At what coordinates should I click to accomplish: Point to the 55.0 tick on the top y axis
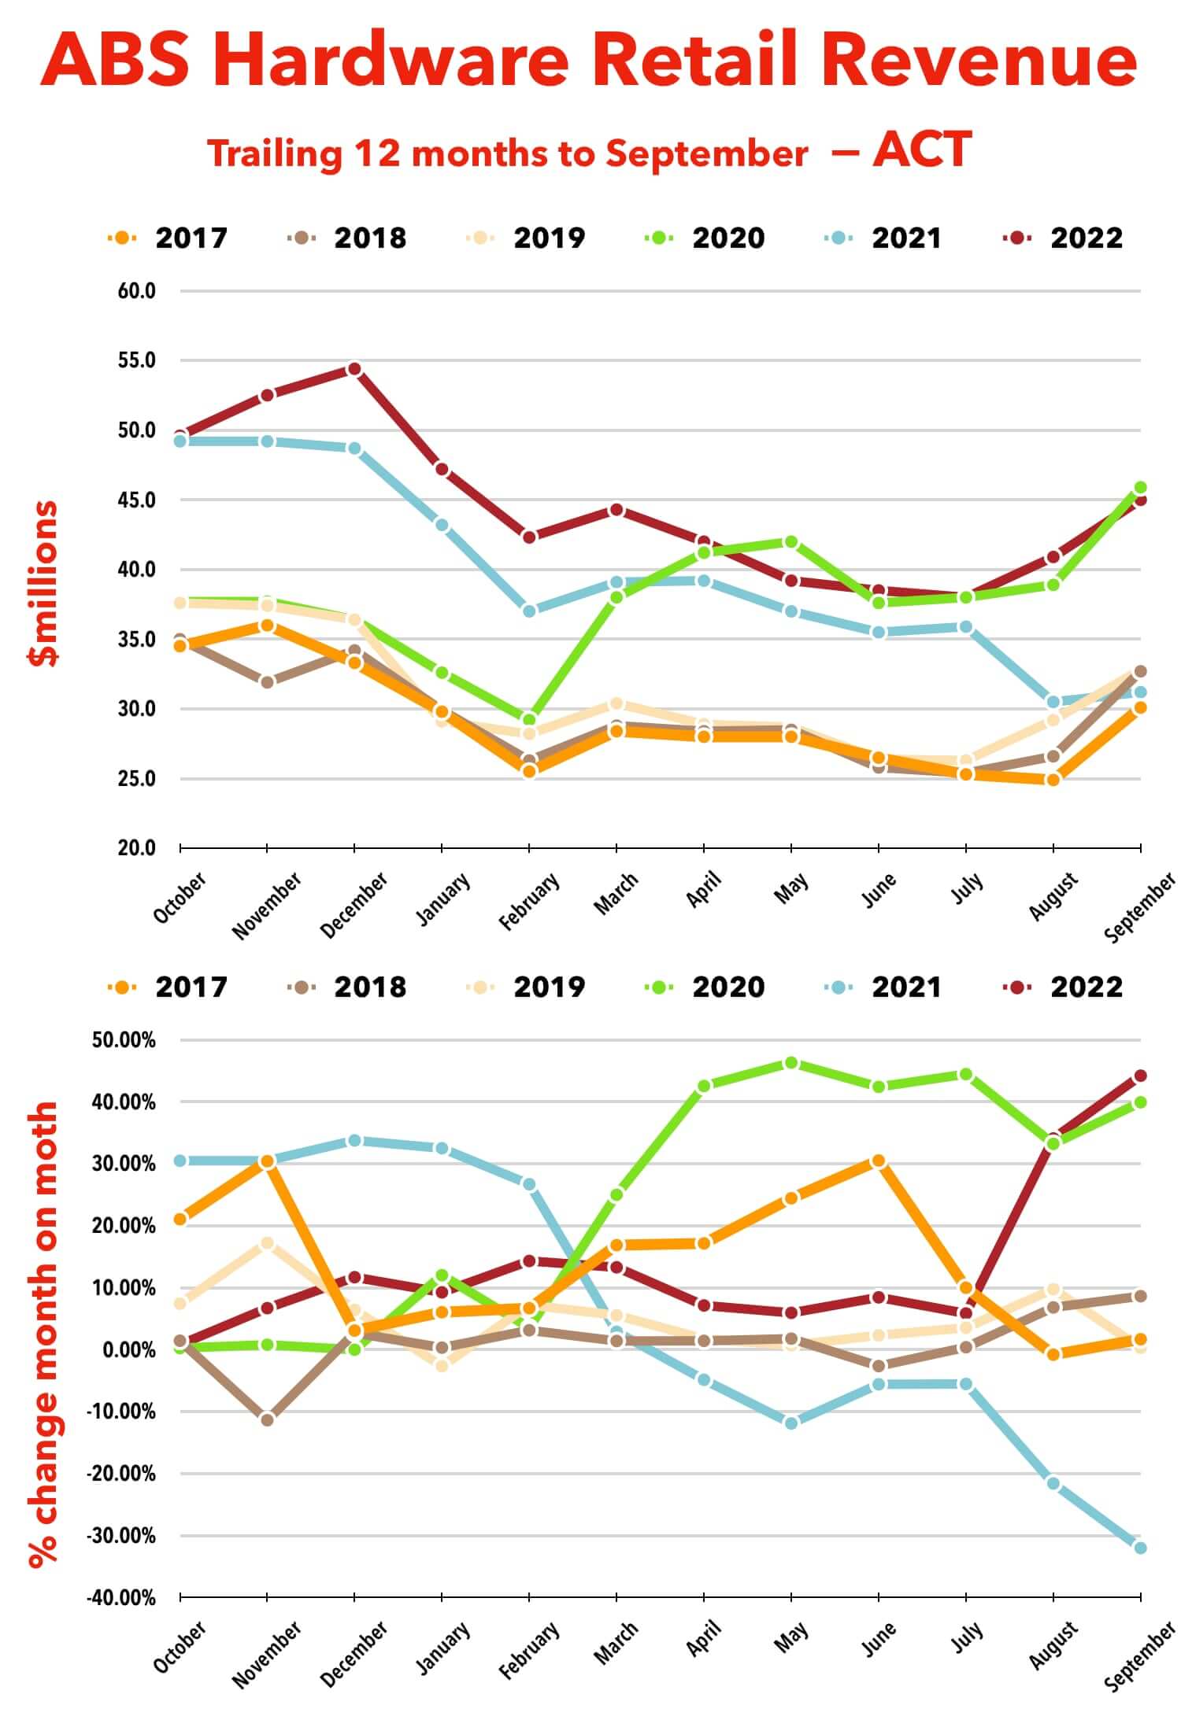(137, 360)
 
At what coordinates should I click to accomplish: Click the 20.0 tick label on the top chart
(137, 848)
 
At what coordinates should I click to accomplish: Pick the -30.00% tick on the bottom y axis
(124, 1535)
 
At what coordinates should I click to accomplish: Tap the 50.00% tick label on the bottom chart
(124, 1040)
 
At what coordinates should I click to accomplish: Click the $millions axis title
(43, 583)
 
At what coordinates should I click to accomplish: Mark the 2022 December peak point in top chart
(354, 369)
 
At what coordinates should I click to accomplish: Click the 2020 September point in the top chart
(1140, 488)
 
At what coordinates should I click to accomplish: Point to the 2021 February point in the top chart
(529, 611)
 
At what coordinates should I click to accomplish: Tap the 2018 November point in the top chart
(267, 682)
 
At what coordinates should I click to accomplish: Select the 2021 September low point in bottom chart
(1140, 1548)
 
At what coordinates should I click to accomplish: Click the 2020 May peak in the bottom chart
(791, 1063)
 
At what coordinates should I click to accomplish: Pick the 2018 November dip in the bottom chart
(267, 1419)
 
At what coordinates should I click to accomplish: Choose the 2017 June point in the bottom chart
(879, 1161)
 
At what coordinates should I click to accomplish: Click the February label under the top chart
(529, 902)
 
